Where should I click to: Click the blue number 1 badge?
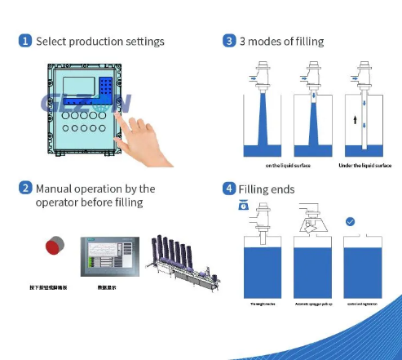(x=25, y=41)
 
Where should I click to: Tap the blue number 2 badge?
(x=25, y=189)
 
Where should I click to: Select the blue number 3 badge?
(x=229, y=41)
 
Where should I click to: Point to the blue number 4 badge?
(x=229, y=189)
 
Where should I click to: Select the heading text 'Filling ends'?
(x=266, y=189)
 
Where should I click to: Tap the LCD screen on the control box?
(x=77, y=87)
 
